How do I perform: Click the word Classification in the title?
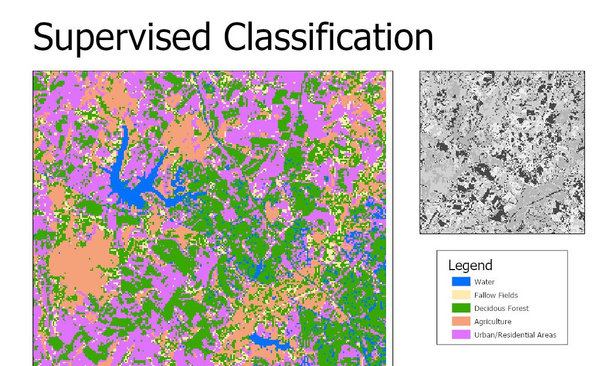(x=329, y=37)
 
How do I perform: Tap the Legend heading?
(x=470, y=265)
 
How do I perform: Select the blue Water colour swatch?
(x=460, y=282)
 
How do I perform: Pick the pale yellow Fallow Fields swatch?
(x=460, y=295)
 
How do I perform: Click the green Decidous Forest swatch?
(x=460, y=308)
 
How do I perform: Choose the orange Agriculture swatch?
(x=460, y=321)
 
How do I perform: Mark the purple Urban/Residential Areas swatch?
(x=460, y=335)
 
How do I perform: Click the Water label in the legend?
(x=484, y=282)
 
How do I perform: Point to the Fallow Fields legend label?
(x=495, y=295)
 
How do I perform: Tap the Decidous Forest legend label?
(x=501, y=308)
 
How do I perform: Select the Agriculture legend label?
(x=492, y=322)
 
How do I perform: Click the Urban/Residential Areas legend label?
(x=515, y=335)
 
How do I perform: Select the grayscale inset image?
(x=502, y=152)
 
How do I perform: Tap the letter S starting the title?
(x=44, y=37)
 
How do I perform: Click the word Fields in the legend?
(x=508, y=295)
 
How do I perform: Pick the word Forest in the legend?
(x=517, y=308)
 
